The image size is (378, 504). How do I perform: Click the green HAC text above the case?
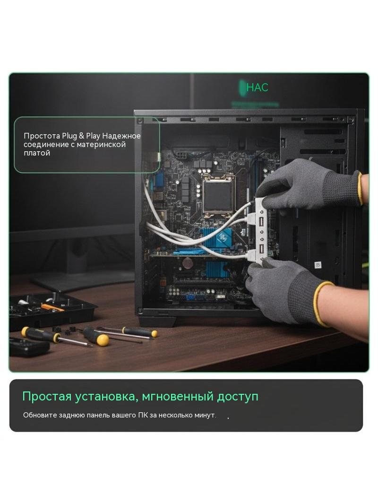pyautogui.click(x=257, y=87)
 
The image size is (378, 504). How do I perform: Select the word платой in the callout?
pyautogui.click(x=37, y=153)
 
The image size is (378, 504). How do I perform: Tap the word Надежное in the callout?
pyautogui.click(x=121, y=136)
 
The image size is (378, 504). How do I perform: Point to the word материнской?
pyautogui.click(x=101, y=145)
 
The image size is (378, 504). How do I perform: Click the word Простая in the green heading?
pyautogui.click(x=47, y=397)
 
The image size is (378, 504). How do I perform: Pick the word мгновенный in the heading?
pyautogui.click(x=178, y=397)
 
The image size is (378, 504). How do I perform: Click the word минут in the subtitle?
pyautogui.click(x=205, y=415)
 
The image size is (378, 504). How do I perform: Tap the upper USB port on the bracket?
pyautogui.click(x=261, y=223)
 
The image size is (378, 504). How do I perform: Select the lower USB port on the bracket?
pyautogui.click(x=261, y=249)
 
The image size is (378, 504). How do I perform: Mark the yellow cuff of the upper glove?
pyautogui.click(x=361, y=188)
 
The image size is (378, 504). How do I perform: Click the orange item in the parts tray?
pyautogui.click(x=52, y=308)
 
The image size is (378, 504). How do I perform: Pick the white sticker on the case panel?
pyautogui.click(x=318, y=265)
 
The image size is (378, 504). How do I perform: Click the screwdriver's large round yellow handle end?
pyautogui.click(x=103, y=340)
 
